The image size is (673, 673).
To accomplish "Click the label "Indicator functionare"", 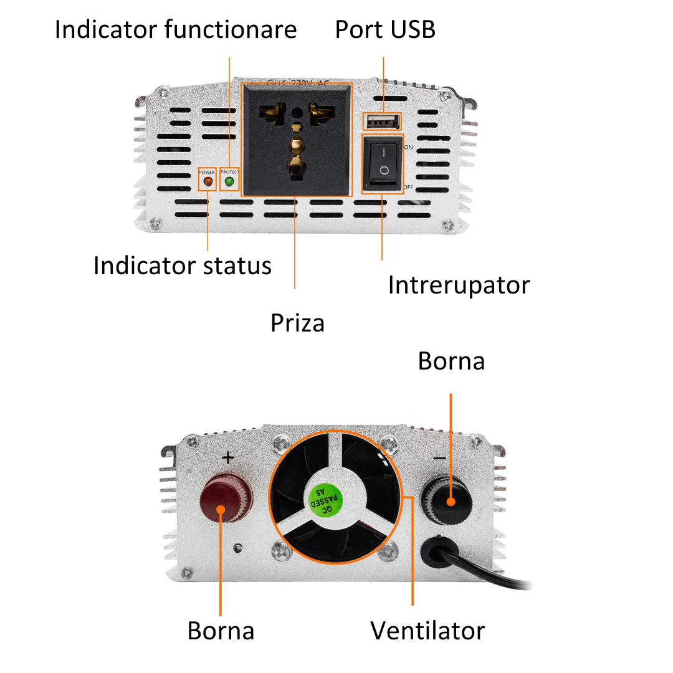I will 176,29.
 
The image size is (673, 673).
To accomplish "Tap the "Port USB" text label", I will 385,29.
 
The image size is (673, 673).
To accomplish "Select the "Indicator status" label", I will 182,265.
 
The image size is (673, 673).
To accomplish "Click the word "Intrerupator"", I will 459,285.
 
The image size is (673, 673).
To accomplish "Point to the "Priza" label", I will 297,323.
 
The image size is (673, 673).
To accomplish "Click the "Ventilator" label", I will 427,630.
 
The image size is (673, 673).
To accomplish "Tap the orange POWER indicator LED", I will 207,183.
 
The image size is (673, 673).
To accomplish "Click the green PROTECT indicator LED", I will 229,182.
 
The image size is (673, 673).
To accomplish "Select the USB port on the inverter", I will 382,122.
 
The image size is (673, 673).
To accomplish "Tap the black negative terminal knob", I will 448,498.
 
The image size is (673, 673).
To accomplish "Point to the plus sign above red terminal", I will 228,458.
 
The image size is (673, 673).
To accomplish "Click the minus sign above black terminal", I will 439,459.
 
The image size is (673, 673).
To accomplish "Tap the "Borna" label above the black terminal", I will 451,361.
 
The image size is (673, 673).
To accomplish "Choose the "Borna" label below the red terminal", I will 221,630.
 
